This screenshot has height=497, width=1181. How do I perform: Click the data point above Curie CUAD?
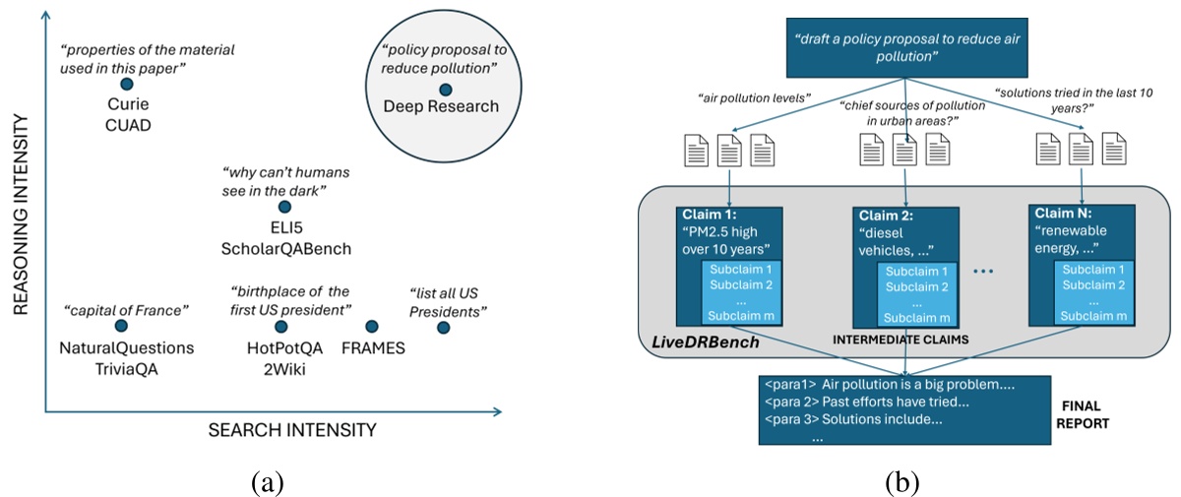[x=126, y=85]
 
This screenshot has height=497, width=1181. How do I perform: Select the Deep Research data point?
[x=445, y=90]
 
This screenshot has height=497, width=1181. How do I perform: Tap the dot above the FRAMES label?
[x=372, y=326]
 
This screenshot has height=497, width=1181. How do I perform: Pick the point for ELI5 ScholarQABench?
[x=284, y=207]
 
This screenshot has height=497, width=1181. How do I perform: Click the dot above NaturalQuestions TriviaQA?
[x=121, y=326]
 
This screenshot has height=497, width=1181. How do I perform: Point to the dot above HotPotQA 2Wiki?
[x=280, y=326]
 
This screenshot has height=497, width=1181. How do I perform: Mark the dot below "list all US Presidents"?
[x=443, y=326]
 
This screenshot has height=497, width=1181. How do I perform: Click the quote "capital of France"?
[x=125, y=310]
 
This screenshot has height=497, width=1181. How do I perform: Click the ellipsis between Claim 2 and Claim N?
[x=988, y=268]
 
